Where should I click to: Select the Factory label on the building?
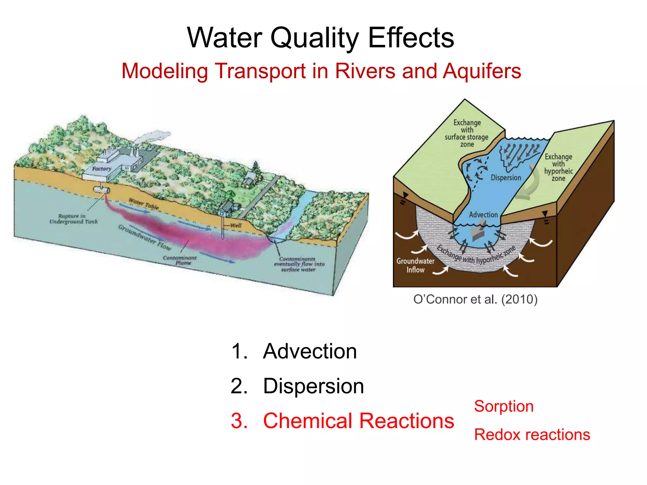(x=101, y=169)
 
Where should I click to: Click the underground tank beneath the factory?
(x=101, y=190)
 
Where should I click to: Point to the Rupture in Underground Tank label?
(x=73, y=219)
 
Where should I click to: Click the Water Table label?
(x=144, y=204)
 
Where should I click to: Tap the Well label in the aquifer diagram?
(x=235, y=225)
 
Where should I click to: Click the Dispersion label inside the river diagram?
(x=505, y=178)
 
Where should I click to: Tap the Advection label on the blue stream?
(x=483, y=215)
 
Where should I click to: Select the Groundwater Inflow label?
(x=415, y=265)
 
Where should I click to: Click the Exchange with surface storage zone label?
(x=467, y=133)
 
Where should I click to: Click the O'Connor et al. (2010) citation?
(x=475, y=299)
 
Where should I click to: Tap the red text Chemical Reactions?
(x=358, y=421)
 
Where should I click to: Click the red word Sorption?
(x=504, y=406)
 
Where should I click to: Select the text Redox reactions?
(x=532, y=435)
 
